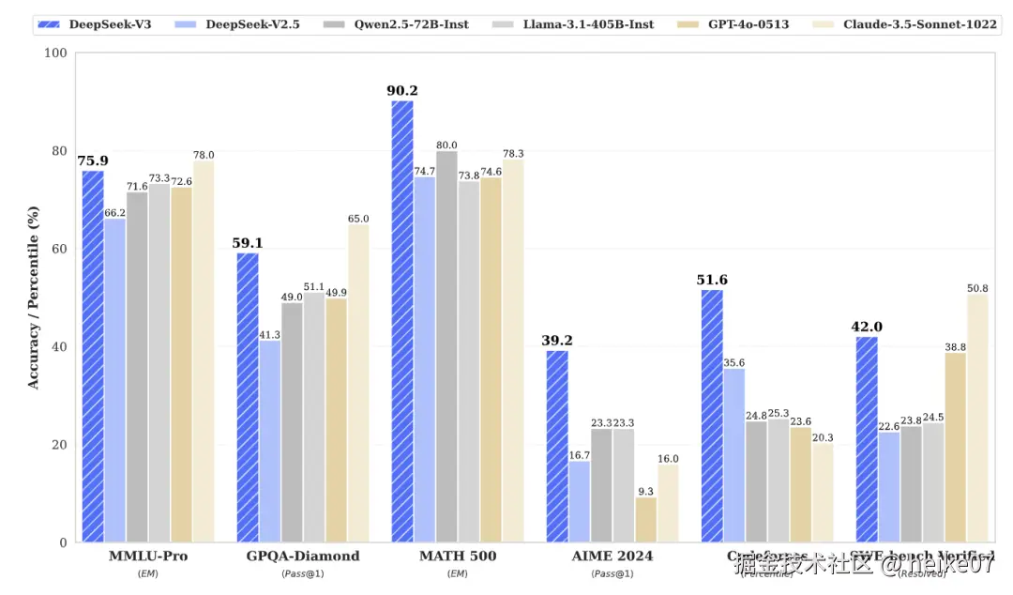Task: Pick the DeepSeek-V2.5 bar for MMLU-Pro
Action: [x=115, y=380]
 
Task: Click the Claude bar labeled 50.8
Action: [x=977, y=418]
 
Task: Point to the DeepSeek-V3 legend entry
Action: [x=94, y=23]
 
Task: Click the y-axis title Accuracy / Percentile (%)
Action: [x=33, y=298]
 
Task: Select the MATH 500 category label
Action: [x=458, y=557]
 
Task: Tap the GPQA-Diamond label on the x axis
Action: [x=302, y=557]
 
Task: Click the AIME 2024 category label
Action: [x=612, y=557]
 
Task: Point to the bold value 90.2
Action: [x=402, y=91]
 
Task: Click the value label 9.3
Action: [x=645, y=491]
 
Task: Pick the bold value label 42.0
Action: [x=867, y=328]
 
